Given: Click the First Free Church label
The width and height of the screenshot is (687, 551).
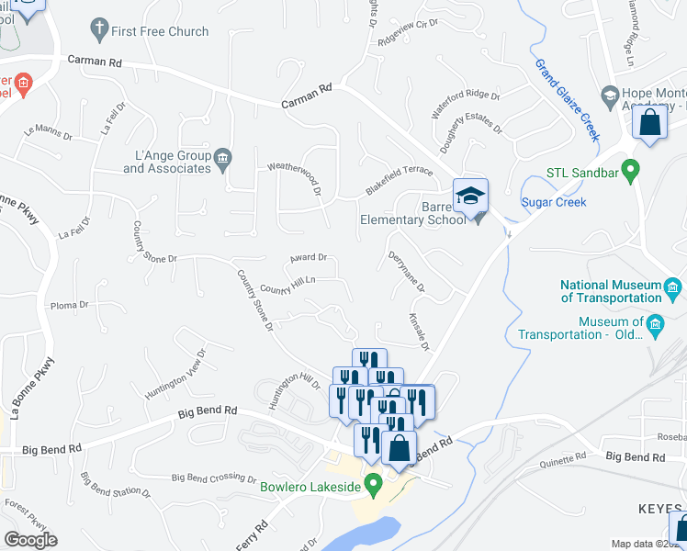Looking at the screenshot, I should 160,31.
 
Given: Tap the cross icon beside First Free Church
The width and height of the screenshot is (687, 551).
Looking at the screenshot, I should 98,30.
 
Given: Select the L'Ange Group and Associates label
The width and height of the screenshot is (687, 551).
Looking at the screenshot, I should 167,162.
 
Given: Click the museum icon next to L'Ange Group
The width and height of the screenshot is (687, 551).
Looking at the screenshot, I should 223,161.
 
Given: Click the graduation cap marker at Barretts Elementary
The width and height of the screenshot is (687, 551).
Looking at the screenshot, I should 470,197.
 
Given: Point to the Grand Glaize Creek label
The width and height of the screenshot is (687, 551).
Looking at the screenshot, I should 568,98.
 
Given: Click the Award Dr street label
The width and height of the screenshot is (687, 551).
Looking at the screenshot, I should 309,258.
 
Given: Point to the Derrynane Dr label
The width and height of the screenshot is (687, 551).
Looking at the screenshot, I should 407,273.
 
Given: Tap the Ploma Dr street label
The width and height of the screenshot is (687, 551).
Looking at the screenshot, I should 69,305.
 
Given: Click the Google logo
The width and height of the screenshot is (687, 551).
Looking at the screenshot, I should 30,539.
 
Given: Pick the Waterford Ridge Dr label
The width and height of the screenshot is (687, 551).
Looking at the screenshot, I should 466,107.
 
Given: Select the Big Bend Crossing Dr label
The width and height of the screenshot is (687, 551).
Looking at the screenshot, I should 214,478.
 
